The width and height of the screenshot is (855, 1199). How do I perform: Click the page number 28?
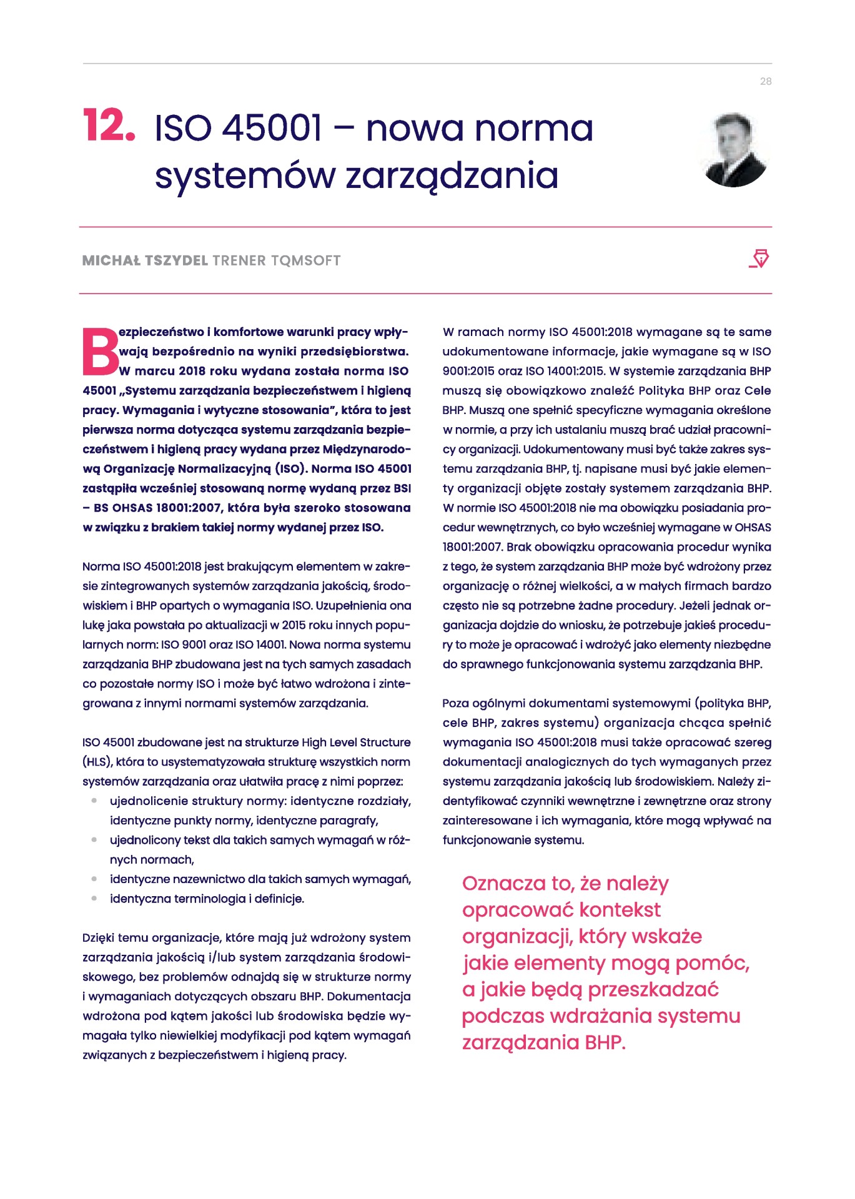coord(765,81)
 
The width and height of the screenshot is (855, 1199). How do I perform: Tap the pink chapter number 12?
coord(109,126)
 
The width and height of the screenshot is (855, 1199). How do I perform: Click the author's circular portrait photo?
coord(734,150)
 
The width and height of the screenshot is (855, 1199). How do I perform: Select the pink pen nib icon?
coord(759,259)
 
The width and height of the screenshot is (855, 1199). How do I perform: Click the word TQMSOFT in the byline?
coord(305,260)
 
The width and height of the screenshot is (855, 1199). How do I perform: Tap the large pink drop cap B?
coord(100,351)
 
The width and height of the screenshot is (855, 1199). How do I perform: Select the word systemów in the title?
coord(244,176)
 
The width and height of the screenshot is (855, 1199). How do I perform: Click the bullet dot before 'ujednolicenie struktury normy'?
coord(94,801)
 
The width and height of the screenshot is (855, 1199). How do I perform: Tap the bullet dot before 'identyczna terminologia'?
coord(94,899)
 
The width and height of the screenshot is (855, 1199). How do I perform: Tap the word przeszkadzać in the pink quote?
coord(653,990)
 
